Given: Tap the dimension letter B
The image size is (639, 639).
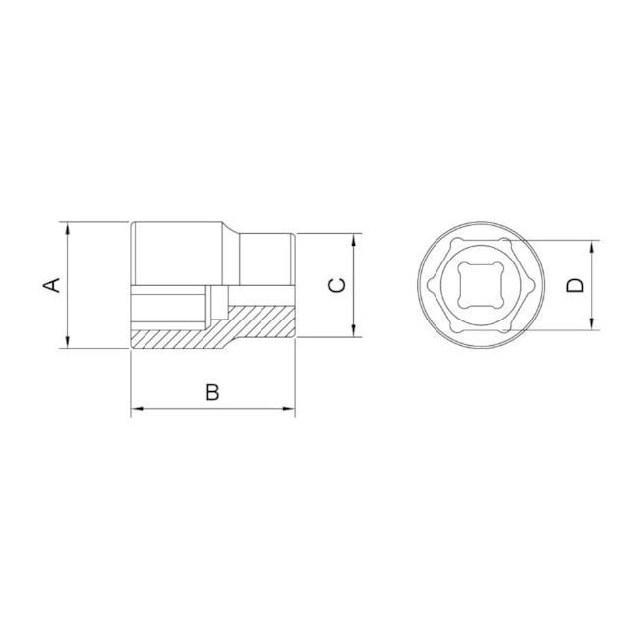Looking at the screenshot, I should click(x=212, y=392).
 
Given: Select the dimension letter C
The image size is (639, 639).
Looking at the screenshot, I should click(x=336, y=285).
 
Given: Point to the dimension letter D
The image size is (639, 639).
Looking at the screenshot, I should click(x=576, y=285).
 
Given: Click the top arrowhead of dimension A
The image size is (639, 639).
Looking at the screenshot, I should click(x=67, y=227).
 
